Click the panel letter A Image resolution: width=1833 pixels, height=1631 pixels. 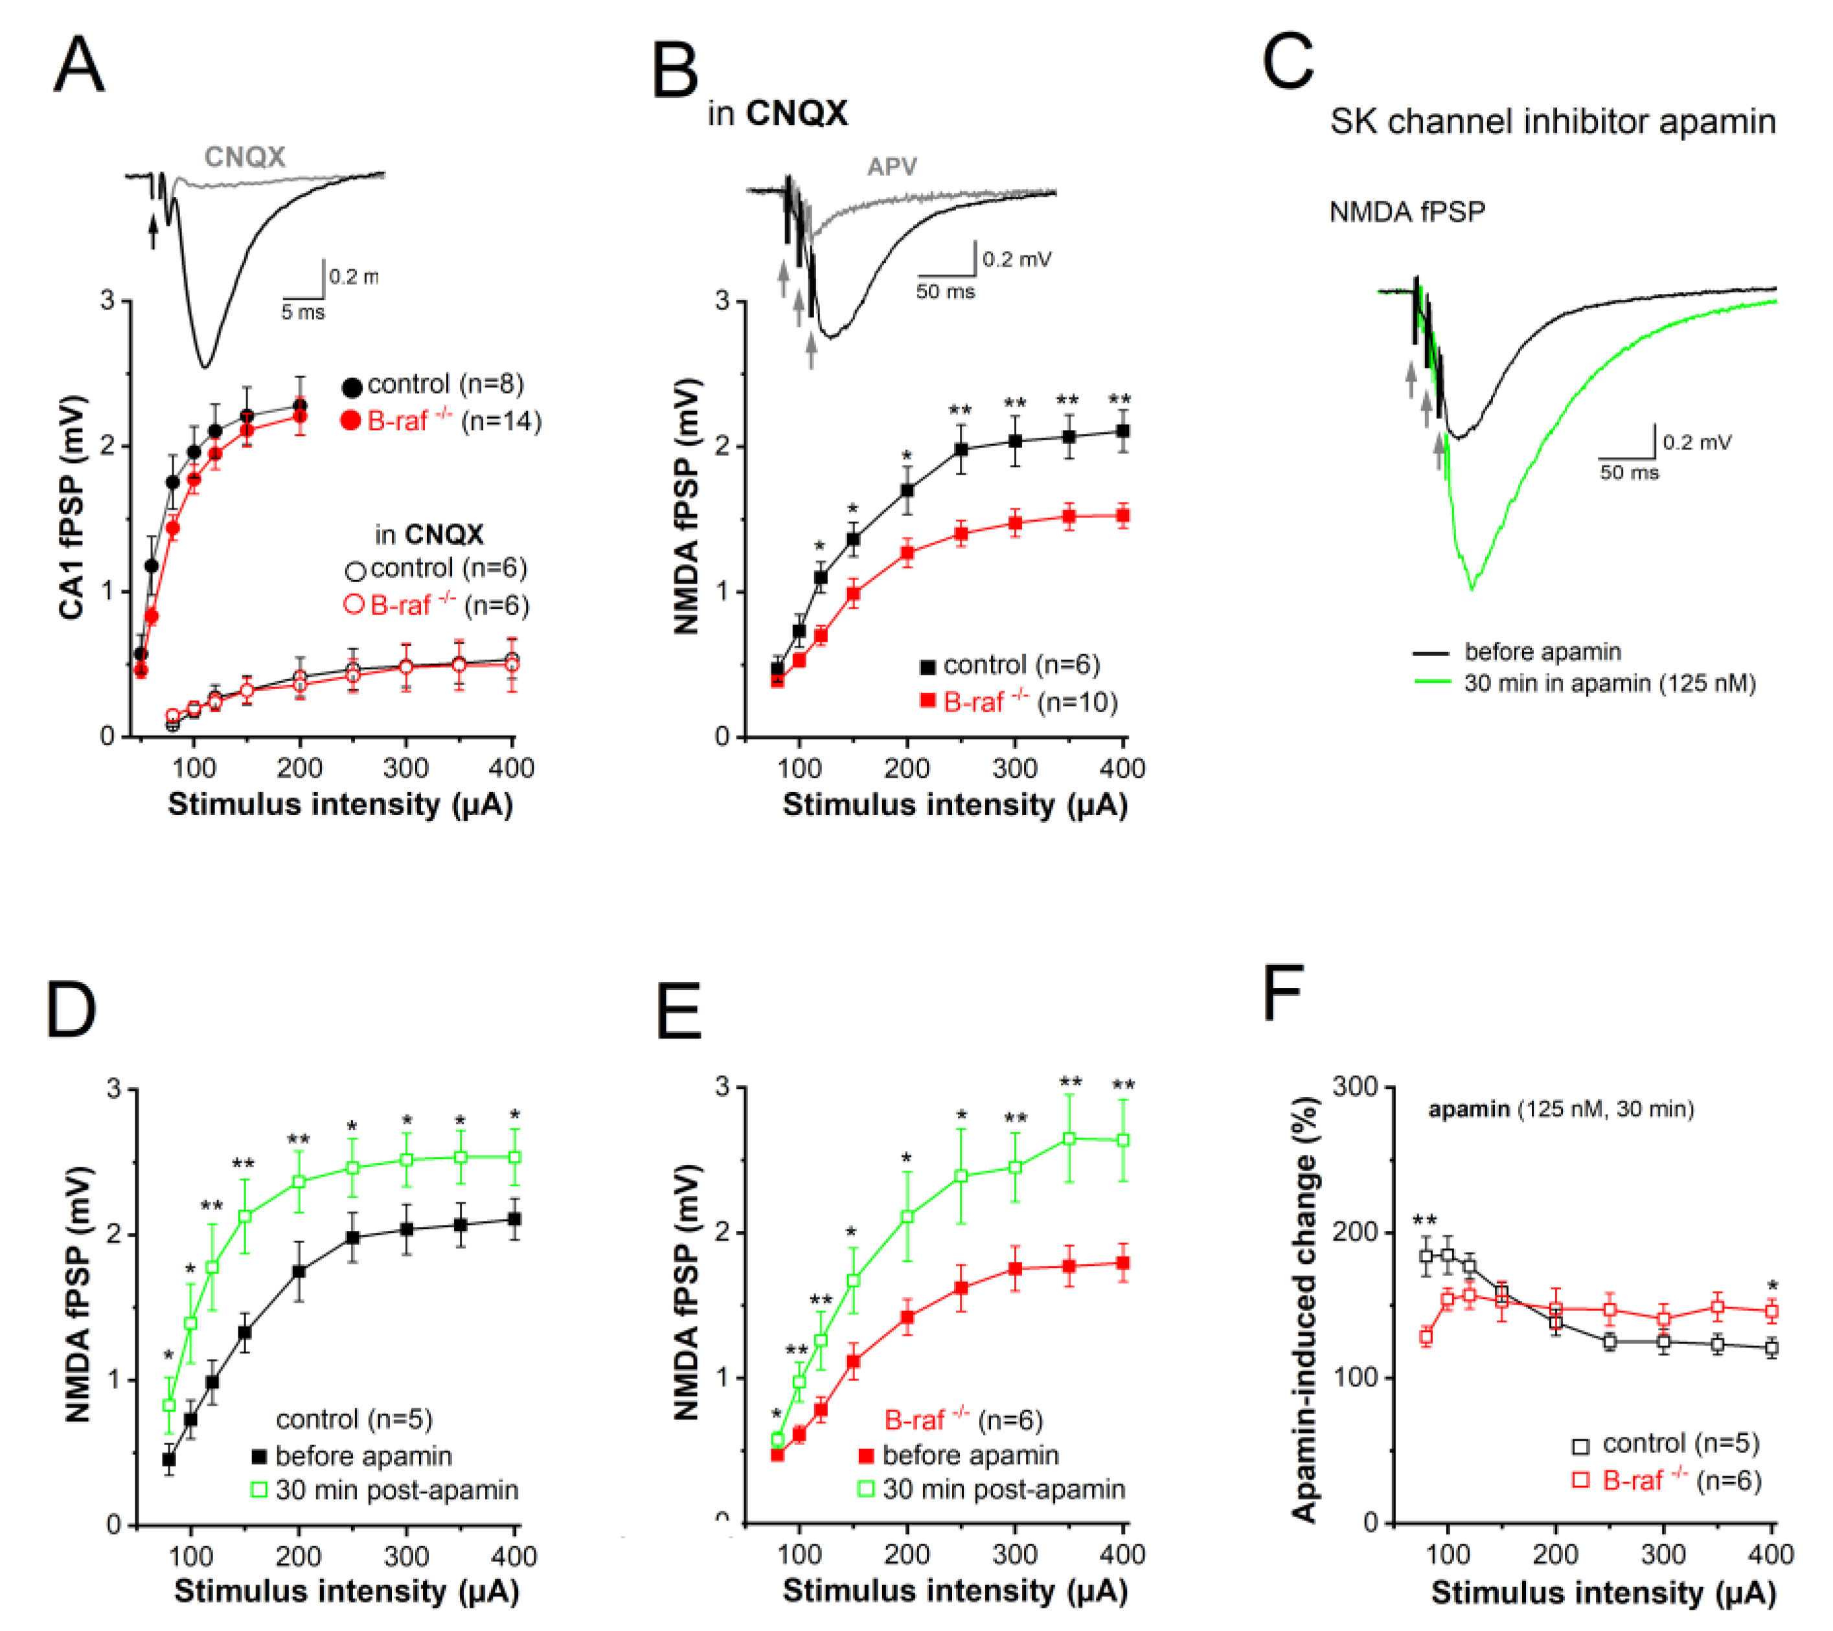tap(79, 65)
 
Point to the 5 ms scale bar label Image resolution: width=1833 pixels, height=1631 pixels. tap(302, 312)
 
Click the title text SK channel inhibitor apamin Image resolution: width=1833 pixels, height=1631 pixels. tap(1551, 121)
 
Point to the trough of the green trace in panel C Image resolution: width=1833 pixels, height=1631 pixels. tap(1472, 587)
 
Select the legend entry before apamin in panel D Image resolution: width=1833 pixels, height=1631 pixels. tap(363, 1456)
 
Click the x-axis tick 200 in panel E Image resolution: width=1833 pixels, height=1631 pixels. tap(907, 1554)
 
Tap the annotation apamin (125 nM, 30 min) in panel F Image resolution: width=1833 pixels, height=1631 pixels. tap(1560, 1109)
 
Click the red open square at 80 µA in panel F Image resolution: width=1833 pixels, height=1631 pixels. tap(1426, 1337)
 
